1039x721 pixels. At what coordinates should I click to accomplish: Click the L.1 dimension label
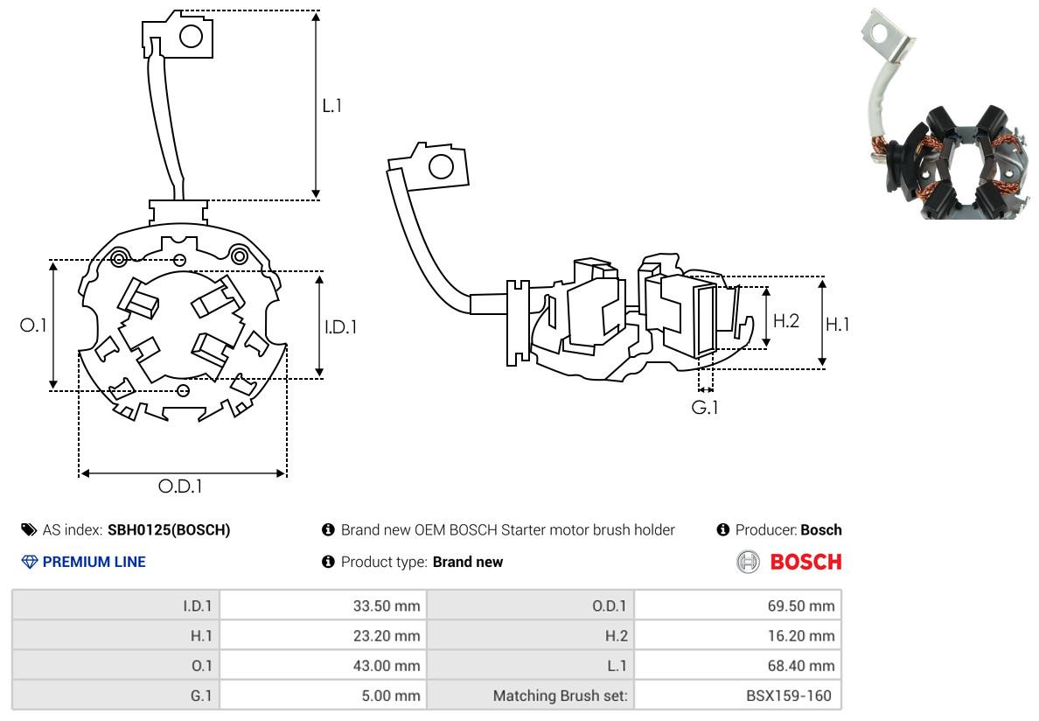point(331,106)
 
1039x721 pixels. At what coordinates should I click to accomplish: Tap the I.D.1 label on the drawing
point(340,327)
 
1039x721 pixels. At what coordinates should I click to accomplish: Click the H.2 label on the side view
point(786,320)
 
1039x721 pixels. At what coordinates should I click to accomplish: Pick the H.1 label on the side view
point(838,324)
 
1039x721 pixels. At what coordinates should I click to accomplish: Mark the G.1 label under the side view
point(705,407)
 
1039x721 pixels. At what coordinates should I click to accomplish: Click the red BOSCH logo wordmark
point(805,562)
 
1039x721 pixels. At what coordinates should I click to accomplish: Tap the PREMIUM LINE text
point(94,562)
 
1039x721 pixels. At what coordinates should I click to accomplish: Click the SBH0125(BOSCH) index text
point(169,529)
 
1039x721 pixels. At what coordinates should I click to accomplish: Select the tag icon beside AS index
point(28,529)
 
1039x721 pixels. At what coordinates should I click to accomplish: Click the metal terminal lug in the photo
point(885,35)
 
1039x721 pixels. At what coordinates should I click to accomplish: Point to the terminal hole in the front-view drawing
point(191,36)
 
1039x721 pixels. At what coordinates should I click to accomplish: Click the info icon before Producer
point(722,529)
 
